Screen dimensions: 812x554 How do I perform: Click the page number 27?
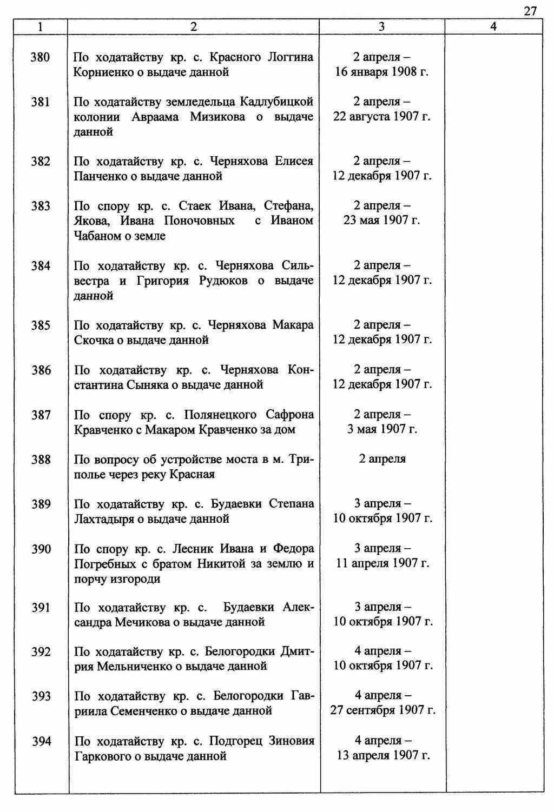530,11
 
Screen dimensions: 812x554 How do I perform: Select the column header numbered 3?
381,26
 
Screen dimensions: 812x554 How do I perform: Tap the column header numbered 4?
493,26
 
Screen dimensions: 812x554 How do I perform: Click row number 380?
41,57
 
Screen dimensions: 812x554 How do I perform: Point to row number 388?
41,460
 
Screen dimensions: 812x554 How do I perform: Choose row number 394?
41,741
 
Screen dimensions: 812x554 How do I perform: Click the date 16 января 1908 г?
382,72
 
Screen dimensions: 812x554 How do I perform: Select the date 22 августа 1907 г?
382,117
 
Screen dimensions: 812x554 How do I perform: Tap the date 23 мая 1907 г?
382,221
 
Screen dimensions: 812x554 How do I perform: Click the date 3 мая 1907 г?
382,429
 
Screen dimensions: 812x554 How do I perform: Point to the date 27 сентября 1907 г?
382,710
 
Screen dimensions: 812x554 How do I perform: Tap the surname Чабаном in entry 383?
97,236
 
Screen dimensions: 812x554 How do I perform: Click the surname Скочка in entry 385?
92,341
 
